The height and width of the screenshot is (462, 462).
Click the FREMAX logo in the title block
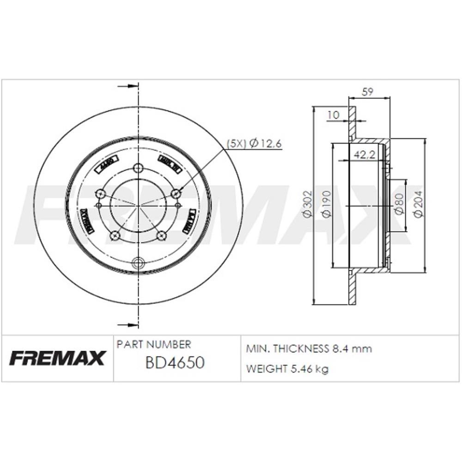58,358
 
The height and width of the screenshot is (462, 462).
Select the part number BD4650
175,363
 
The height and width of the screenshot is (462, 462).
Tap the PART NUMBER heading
153,345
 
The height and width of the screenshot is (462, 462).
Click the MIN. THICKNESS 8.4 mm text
309,349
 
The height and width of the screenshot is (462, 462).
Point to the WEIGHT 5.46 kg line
287,369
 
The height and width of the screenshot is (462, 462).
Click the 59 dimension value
368,92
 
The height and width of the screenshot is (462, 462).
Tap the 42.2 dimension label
364,156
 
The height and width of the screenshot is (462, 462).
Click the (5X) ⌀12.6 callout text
254,143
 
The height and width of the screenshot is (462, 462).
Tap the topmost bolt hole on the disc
138,168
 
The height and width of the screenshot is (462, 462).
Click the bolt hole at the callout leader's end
175,194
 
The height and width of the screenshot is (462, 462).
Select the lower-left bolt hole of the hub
115,236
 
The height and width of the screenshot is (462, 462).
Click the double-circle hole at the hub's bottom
138,263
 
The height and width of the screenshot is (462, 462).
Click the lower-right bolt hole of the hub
161,236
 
